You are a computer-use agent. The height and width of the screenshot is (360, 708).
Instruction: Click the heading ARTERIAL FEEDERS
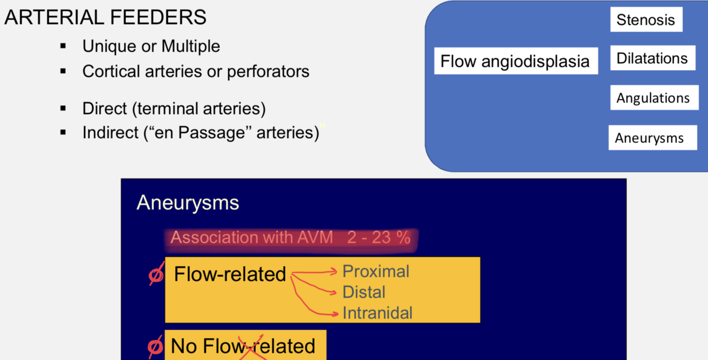click(105, 18)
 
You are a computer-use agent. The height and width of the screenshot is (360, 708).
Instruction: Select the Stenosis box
click(646, 20)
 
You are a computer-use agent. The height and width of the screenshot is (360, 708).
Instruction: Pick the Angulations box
click(653, 98)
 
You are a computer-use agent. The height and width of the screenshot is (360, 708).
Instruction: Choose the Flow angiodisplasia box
click(515, 61)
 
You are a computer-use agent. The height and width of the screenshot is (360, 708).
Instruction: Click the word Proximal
click(376, 271)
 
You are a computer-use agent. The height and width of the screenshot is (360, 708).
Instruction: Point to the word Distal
click(364, 292)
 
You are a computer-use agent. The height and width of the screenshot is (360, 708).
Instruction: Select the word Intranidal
click(377, 313)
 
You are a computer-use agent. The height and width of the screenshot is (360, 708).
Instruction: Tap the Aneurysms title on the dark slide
click(188, 202)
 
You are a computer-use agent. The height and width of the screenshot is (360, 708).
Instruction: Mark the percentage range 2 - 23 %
click(379, 237)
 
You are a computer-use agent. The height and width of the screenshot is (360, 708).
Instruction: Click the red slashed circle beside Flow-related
click(156, 275)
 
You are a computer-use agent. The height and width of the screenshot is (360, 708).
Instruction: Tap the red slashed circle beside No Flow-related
click(156, 346)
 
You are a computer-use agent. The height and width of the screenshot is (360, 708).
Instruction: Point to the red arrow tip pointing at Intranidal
click(335, 314)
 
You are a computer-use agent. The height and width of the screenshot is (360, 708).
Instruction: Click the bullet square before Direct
click(63, 109)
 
